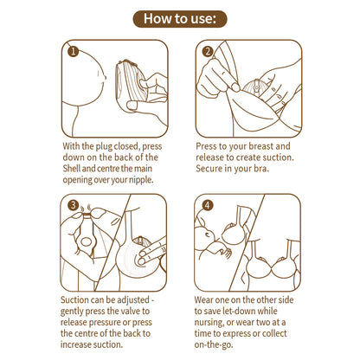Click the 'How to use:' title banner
tap(180, 18)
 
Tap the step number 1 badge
tap(73, 51)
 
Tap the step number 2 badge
tap(208, 51)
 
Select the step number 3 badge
tap(73, 206)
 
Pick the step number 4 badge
tap(208, 206)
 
